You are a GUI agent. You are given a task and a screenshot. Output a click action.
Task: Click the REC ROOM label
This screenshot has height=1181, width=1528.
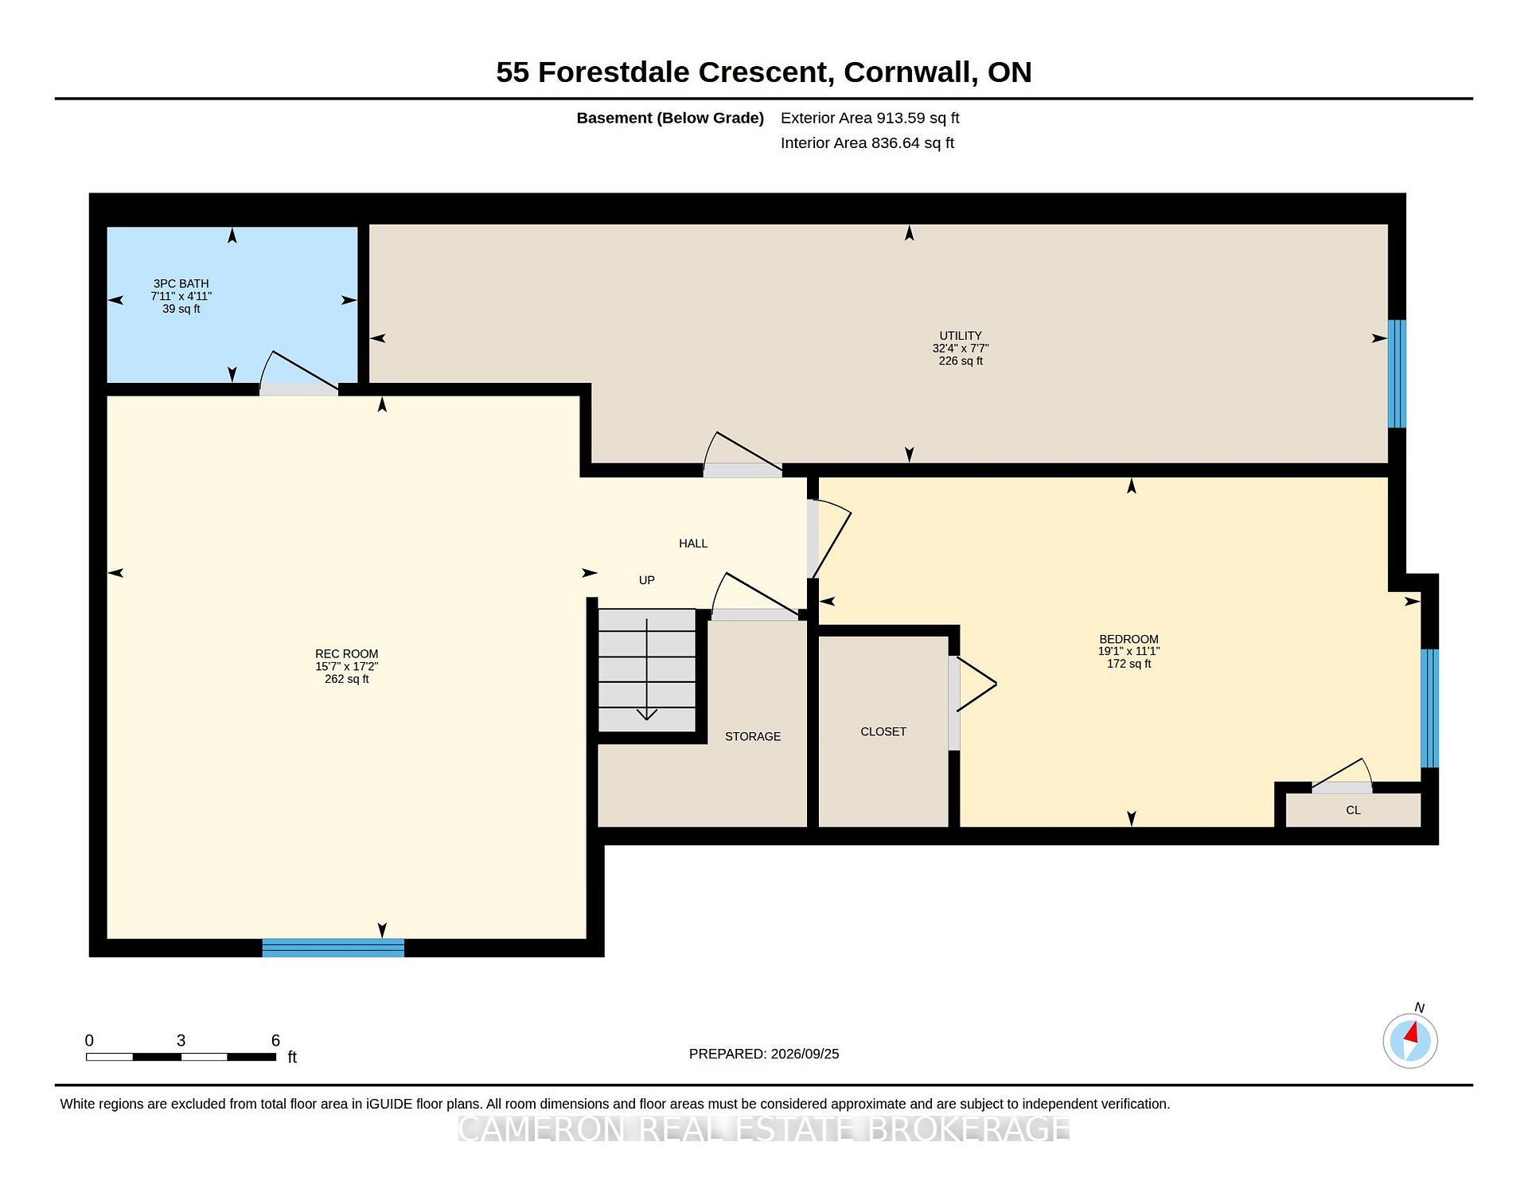click(x=346, y=654)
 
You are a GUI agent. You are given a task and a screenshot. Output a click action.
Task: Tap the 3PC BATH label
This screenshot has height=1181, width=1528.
click(x=181, y=283)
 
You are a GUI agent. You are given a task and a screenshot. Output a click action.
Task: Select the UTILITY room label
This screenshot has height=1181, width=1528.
click(x=961, y=336)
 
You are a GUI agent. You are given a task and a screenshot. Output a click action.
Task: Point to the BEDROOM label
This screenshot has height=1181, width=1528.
click(x=1128, y=639)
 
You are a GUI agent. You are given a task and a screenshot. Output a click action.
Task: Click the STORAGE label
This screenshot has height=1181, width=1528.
click(x=753, y=736)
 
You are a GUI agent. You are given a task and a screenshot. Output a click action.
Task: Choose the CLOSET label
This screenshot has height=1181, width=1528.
click(x=883, y=731)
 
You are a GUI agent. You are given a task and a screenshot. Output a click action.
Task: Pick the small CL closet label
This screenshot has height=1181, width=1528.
click(x=1353, y=810)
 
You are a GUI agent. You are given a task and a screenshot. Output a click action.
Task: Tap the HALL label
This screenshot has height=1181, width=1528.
click(x=693, y=544)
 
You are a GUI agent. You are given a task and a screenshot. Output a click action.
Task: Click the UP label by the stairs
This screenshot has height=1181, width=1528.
click(x=647, y=580)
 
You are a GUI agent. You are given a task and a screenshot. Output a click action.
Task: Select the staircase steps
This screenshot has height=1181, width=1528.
click(x=647, y=670)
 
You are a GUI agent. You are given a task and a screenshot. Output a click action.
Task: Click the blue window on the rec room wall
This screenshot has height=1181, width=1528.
click(x=333, y=948)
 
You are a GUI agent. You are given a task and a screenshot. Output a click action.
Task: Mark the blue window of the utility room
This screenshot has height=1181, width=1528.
click(x=1397, y=374)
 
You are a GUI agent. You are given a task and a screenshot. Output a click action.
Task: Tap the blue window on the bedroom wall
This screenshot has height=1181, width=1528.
click(x=1430, y=708)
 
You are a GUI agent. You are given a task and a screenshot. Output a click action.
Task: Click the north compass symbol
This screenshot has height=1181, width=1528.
click(x=1410, y=1040)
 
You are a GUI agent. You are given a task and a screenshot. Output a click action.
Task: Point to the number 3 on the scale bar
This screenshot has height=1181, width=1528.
click(x=181, y=1040)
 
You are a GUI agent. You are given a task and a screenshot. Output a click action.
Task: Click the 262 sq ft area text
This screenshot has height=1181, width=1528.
click(x=347, y=679)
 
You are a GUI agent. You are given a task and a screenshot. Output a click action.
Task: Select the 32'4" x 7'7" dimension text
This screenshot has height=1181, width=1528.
click(x=961, y=349)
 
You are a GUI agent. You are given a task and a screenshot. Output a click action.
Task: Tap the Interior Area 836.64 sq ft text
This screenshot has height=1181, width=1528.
click(x=867, y=143)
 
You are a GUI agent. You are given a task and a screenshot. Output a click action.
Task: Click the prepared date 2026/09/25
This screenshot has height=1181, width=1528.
click(x=805, y=1054)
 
